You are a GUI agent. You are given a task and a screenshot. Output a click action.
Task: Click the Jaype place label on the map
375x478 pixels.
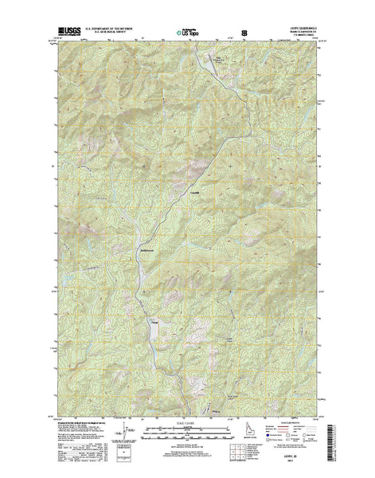pyautogui.click(x=155, y=321)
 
